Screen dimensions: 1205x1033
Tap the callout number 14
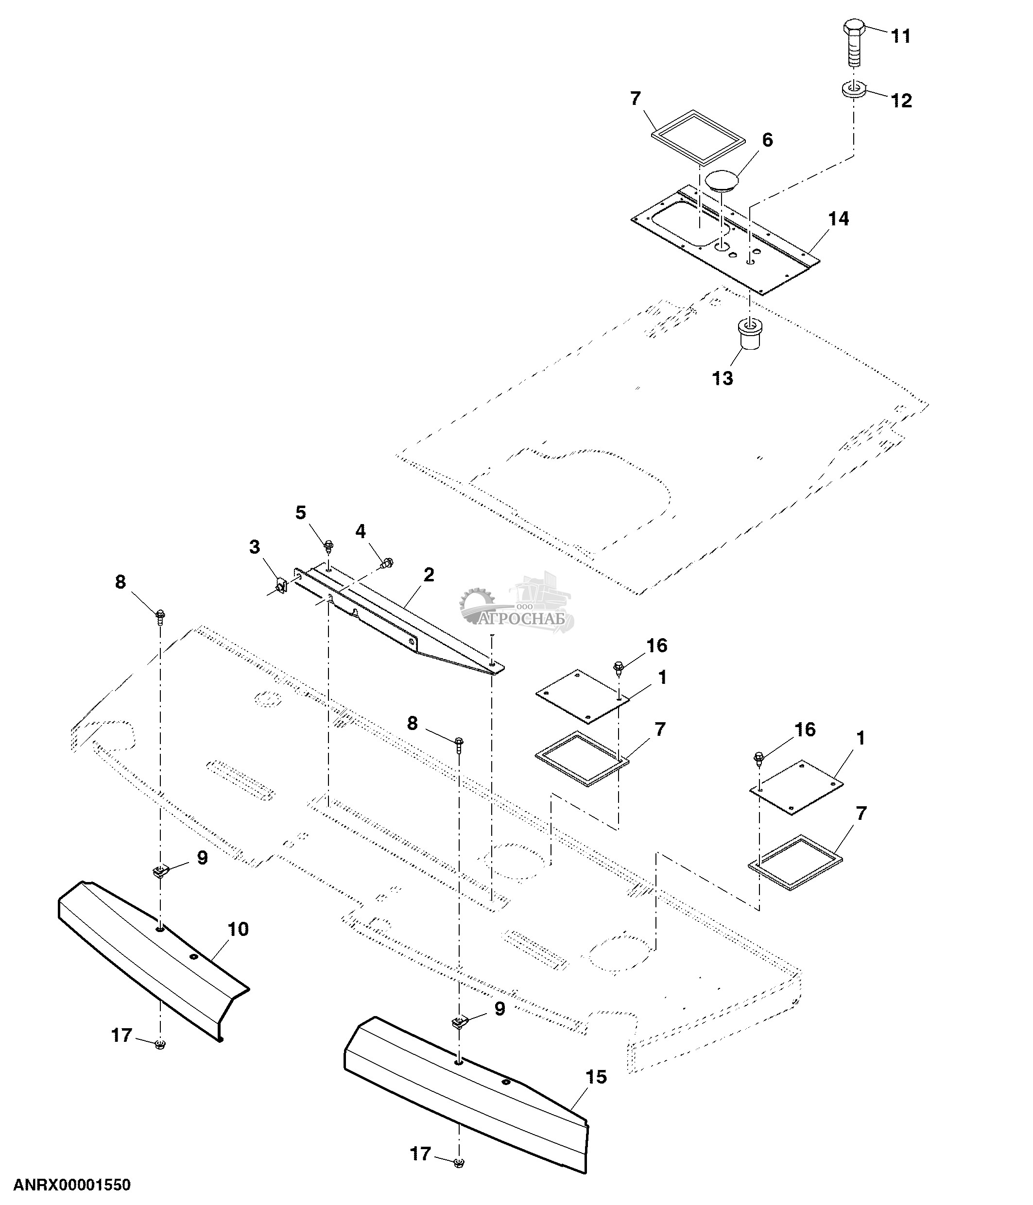(x=839, y=219)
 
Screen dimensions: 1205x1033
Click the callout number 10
(x=239, y=929)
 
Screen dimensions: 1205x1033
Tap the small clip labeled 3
(x=280, y=584)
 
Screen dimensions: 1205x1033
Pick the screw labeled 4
(x=386, y=562)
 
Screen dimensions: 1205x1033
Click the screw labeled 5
(x=328, y=545)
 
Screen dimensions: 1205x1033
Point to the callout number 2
(x=429, y=575)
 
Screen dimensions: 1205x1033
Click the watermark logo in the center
(x=516, y=605)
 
